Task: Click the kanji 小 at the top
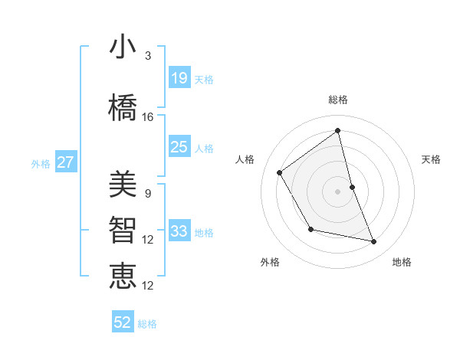coord(123,48)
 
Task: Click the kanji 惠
coord(123,276)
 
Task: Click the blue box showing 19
coord(179,78)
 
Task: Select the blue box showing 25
coord(179,147)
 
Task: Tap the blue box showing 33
coord(179,231)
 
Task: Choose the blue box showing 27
coord(66,162)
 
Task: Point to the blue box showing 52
coord(123,322)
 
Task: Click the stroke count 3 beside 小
coord(148,57)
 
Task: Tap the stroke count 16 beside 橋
coord(148,117)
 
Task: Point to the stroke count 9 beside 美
coord(148,194)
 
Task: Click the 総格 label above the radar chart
coord(338,100)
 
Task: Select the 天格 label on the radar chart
coord(432,159)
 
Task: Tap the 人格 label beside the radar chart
coord(245,159)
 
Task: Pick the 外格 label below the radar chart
coord(270,262)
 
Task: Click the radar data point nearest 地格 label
coord(374,242)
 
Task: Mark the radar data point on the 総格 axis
coord(338,131)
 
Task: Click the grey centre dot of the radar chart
coord(338,191)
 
